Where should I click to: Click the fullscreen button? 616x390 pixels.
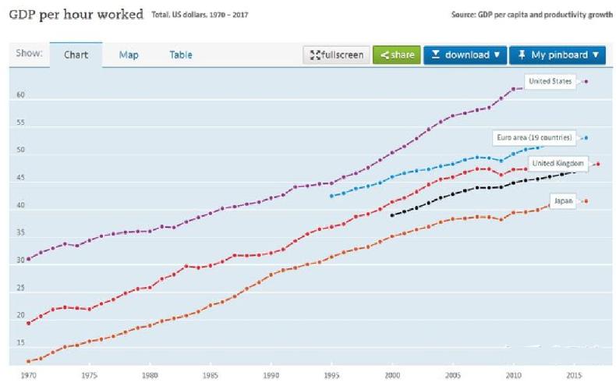[x=336, y=55]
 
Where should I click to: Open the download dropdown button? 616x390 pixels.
[x=466, y=55]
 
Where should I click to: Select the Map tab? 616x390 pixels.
[x=129, y=55]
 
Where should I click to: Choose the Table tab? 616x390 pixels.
[x=181, y=55]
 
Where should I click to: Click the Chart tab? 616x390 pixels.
[x=76, y=55]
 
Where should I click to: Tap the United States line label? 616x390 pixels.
[x=551, y=81]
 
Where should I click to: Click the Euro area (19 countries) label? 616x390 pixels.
[x=535, y=138]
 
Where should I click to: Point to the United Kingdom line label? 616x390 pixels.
[x=558, y=163]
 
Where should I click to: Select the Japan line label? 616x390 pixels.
[x=563, y=201]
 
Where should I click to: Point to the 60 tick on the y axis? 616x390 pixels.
[x=20, y=96]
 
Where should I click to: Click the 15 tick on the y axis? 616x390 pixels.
[x=20, y=343]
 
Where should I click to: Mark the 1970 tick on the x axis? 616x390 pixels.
[x=28, y=375]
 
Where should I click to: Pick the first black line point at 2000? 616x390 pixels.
[x=392, y=214]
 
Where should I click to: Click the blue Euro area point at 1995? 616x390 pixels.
[x=331, y=196]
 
